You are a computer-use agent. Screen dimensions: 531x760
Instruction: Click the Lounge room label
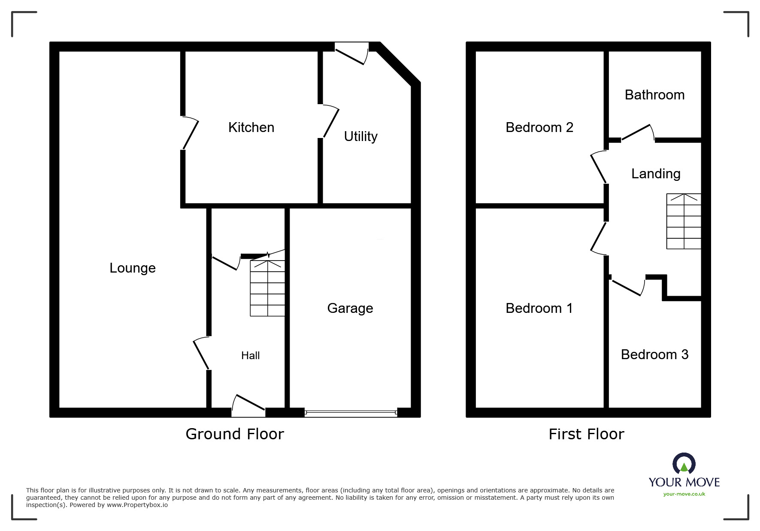(133, 268)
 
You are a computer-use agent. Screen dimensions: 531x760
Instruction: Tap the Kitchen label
(251, 127)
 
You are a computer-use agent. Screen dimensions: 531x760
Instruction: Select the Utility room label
(360, 136)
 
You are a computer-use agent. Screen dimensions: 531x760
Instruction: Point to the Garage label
(350, 308)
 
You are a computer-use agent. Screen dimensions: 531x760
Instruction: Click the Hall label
(250, 355)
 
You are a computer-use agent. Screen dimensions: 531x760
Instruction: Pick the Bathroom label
(654, 95)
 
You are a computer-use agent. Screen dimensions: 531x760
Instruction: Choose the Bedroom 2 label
(539, 127)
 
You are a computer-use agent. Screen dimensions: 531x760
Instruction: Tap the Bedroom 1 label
(539, 308)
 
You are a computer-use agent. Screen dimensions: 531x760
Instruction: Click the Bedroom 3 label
(654, 354)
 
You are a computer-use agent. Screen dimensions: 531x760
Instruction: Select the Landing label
(656, 174)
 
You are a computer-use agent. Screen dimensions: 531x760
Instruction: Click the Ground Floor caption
(235, 434)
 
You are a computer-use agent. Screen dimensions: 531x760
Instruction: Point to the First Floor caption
(586, 434)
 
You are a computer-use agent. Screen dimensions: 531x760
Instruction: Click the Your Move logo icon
(684, 464)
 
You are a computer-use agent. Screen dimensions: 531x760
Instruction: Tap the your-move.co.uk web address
(684, 494)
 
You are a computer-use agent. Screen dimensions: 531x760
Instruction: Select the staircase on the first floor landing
(683, 221)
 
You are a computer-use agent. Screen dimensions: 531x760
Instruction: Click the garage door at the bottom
(351, 413)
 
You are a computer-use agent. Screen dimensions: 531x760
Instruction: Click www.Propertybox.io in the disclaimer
(137, 505)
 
